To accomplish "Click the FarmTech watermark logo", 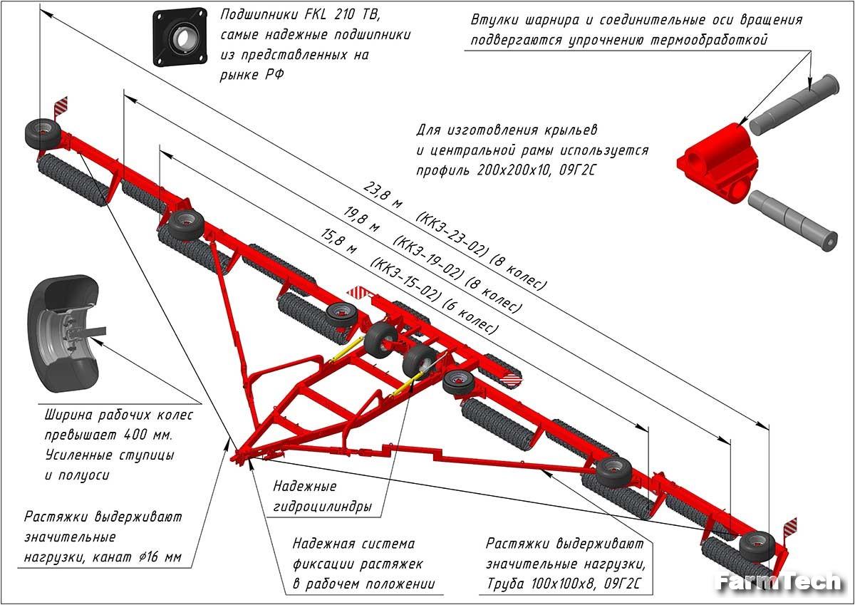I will pos(778,582).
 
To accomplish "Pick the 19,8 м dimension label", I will pos(362,218).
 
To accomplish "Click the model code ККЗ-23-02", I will pos(453,234).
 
